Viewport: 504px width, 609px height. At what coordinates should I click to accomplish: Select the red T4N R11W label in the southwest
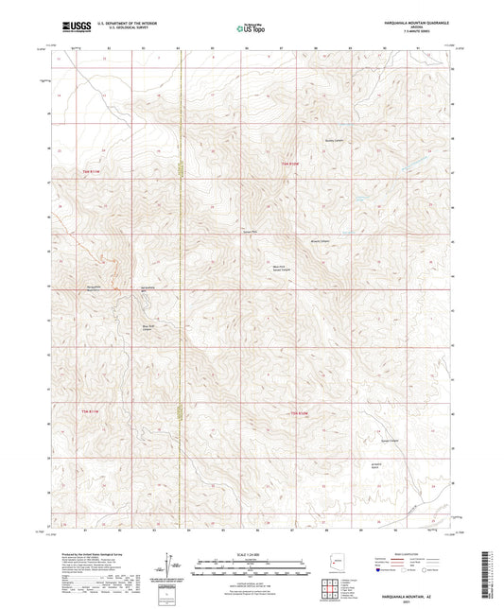pos(84,410)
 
